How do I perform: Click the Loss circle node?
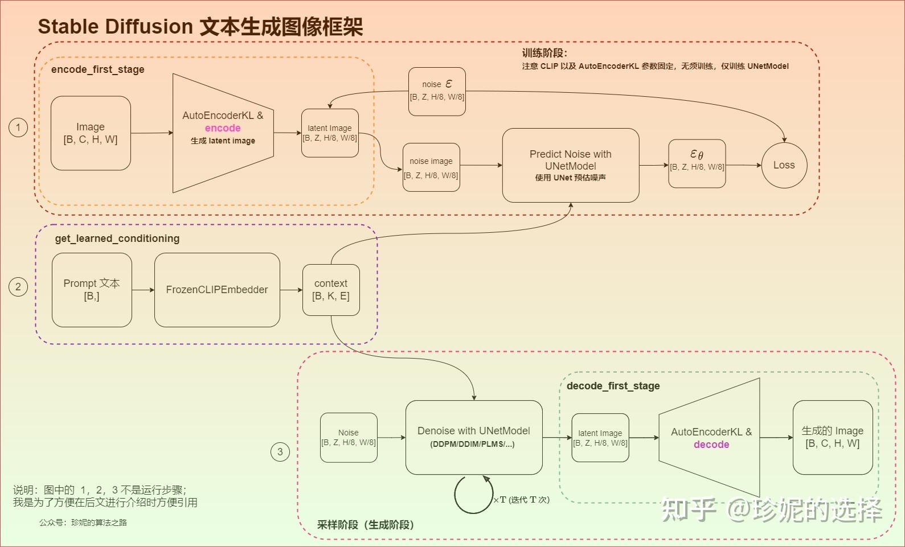(x=784, y=165)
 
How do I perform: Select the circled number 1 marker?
(x=18, y=127)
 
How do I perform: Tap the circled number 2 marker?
(x=18, y=286)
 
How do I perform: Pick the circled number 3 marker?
(x=280, y=452)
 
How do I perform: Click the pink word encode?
(x=223, y=128)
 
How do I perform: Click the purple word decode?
(x=711, y=445)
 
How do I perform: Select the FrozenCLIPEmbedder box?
(x=217, y=290)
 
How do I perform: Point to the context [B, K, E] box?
(x=331, y=290)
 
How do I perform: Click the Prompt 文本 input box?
(x=92, y=290)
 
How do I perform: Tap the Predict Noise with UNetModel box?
(x=571, y=165)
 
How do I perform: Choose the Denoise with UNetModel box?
(x=474, y=437)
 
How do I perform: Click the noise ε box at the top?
(x=437, y=91)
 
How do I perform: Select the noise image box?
(x=431, y=167)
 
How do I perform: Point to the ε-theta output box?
(x=697, y=163)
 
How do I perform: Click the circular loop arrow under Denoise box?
(x=473, y=495)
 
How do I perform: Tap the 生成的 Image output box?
(x=833, y=437)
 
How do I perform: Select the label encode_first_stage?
(x=97, y=69)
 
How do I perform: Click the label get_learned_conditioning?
(x=117, y=238)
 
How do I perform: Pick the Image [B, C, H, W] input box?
(x=91, y=133)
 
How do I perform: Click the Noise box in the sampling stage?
(x=349, y=437)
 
